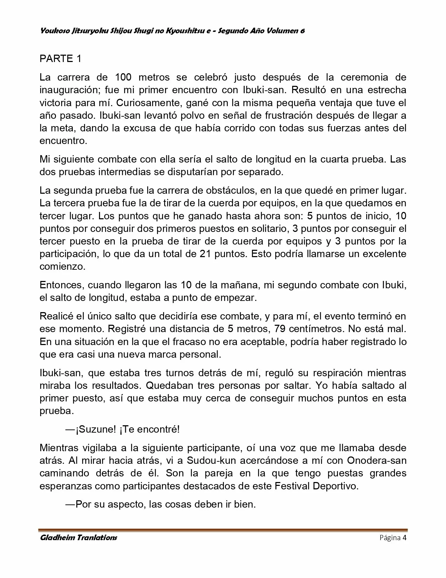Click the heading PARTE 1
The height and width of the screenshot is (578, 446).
tap(60, 59)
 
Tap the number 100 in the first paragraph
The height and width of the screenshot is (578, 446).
tap(123, 77)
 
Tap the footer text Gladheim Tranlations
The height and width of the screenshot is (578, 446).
tap(78, 538)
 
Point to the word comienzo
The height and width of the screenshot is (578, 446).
tap(62, 267)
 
